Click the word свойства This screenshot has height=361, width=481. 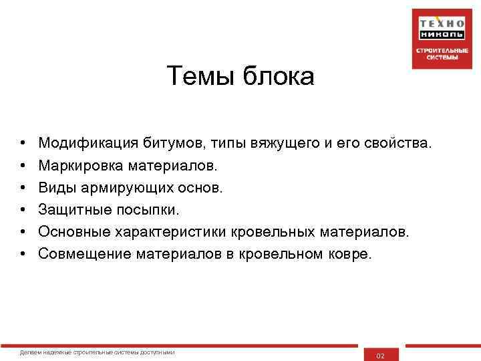pyautogui.click(x=397, y=142)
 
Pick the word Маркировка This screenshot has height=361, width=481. pyautogui.click(x=80, y=164)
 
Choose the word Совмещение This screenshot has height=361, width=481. pyautogui.click(x=85, y=253)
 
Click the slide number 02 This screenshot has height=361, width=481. pyautogui.click(x=381, y=356)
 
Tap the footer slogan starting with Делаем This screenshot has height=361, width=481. pyautogui.click(x=98, y=352)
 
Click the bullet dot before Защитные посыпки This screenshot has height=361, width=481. pyautogui.click(x=23, y=210)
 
